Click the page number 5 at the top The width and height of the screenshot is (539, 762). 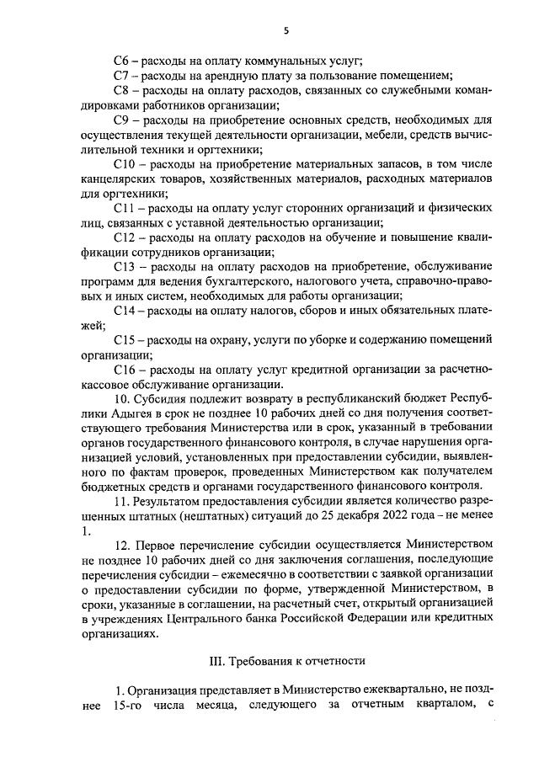[286, 30]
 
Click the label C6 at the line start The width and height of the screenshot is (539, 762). [121, 61]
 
